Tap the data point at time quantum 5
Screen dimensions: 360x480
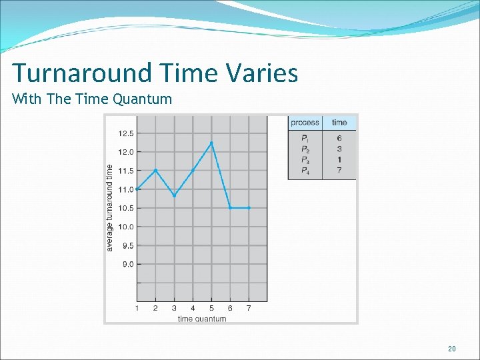click(211, 143)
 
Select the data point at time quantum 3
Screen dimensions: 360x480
click(174, 195)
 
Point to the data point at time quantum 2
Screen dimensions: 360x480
click(155, 171)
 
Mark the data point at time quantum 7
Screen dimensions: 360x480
click(249, 208)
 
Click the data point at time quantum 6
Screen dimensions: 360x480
click(230, 208)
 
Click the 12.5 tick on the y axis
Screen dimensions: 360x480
click(125, 133)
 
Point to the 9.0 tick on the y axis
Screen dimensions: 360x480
click(127, 264)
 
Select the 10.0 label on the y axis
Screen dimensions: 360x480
click(125, 227)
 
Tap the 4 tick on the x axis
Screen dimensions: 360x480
click(193, 308)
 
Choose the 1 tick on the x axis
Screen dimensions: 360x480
click(137, 308)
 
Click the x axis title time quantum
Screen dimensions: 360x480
click(201, 319)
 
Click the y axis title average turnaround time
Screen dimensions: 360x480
click(110, 208)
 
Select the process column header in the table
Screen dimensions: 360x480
click(305, 122)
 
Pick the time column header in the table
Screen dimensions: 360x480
click(339, 122)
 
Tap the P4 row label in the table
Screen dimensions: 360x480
click(305, 171)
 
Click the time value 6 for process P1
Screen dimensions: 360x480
click(339, 138)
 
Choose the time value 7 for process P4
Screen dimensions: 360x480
click(339, 171)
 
